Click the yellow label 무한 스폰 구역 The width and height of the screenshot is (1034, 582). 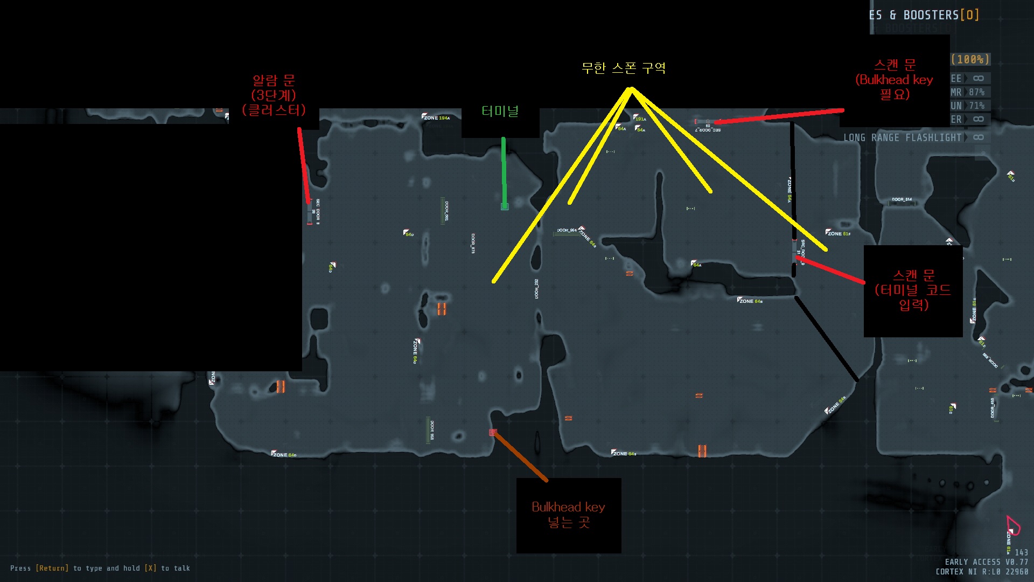coord(624,68)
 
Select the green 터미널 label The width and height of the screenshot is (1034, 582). coord(500,112)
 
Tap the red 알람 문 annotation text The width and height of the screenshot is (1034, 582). coord(274,95)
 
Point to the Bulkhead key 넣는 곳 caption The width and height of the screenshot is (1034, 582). coord(568,515)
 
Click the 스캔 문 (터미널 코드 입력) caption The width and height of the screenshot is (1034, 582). coord(913,290)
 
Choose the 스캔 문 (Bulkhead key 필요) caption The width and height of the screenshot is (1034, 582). coord(895,80)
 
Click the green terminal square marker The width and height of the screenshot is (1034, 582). coord(505,206)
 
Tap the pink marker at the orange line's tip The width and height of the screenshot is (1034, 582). coord(493,432)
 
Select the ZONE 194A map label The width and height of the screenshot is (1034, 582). coord(436,117)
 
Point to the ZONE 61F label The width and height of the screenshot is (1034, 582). coord(839,233)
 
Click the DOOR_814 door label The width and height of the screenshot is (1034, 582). coord(902,199)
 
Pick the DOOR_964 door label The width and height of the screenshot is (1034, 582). coord(567,230)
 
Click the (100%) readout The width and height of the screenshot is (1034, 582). coord(970,59)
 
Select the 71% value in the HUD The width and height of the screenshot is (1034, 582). coord(977,106)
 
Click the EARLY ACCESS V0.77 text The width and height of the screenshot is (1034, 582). coord(986,562)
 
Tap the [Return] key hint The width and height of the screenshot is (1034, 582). coord(52,568)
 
